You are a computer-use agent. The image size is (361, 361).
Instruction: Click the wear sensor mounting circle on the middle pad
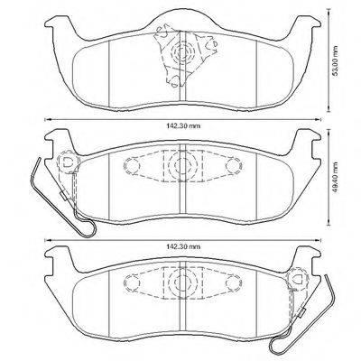[x=66, y=162]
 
